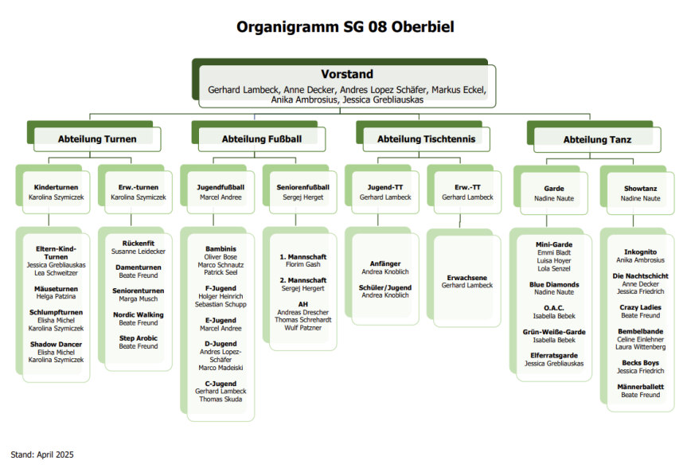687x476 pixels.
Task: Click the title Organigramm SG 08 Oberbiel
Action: pos(345,27)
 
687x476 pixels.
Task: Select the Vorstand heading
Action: pos(346,74)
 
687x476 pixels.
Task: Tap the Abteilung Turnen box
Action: pos(97,139)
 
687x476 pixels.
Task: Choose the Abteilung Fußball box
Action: pos(261,139)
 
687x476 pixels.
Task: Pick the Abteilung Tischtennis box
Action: pos(426,139)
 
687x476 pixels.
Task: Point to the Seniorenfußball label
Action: pos(303,188)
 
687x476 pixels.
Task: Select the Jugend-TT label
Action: pos(385,188)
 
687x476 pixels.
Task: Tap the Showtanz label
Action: pos(640,189)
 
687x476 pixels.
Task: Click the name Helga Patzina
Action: pos(56,297)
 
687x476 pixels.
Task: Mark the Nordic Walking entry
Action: pos(139,314)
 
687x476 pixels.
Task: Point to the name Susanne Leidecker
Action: pos(139,251)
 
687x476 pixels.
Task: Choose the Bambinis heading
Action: pos(221,249)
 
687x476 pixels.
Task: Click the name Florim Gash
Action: pos(303,264)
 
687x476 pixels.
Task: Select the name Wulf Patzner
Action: pos(303,327)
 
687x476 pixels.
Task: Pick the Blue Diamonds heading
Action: pos(554,284)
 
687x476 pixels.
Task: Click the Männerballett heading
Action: pos(640,387)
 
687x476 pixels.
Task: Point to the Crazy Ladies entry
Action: pos(640,307)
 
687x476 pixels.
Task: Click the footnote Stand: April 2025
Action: pos(42,455)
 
